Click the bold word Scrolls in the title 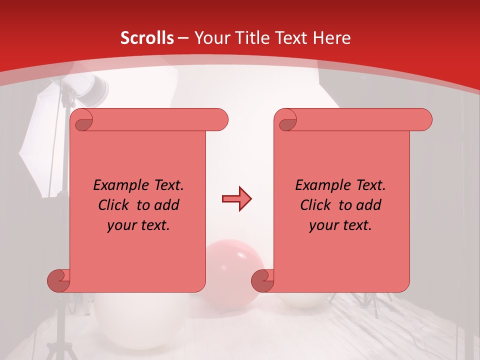pos(147,38)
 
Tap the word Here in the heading pos(332,38)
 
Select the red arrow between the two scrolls pos(236,199)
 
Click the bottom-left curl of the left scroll pos(58,280)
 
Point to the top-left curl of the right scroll pos(287,120)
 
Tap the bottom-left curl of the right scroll pos(262,280)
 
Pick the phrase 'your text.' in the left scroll pos(138,225)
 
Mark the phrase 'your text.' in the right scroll pos(340,225)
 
